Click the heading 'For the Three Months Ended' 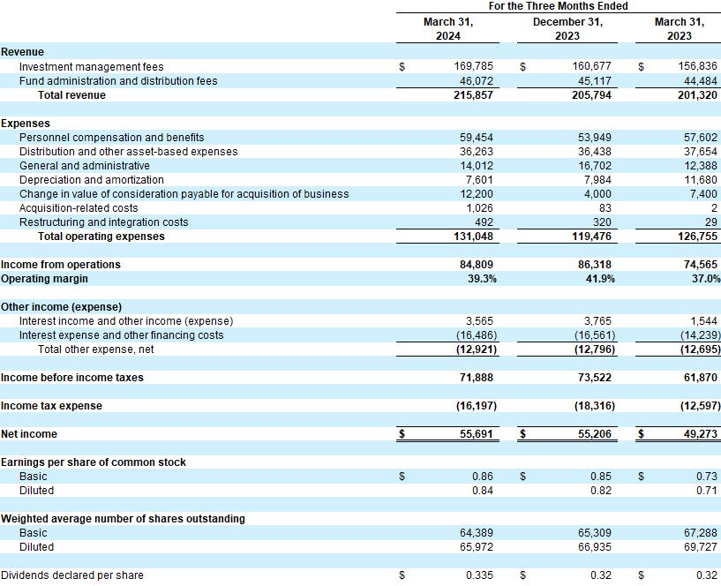point(558,6)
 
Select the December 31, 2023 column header point(567,28)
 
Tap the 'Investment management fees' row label point(91,67)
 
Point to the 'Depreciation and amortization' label point(91,180)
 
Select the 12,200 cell point(477,194)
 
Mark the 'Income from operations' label point(61,265)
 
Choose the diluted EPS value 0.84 point(483,491)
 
